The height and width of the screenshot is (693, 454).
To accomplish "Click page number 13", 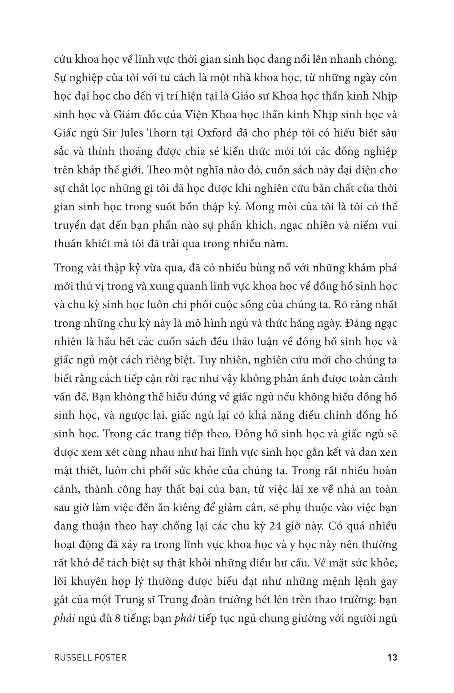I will point(392,657).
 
